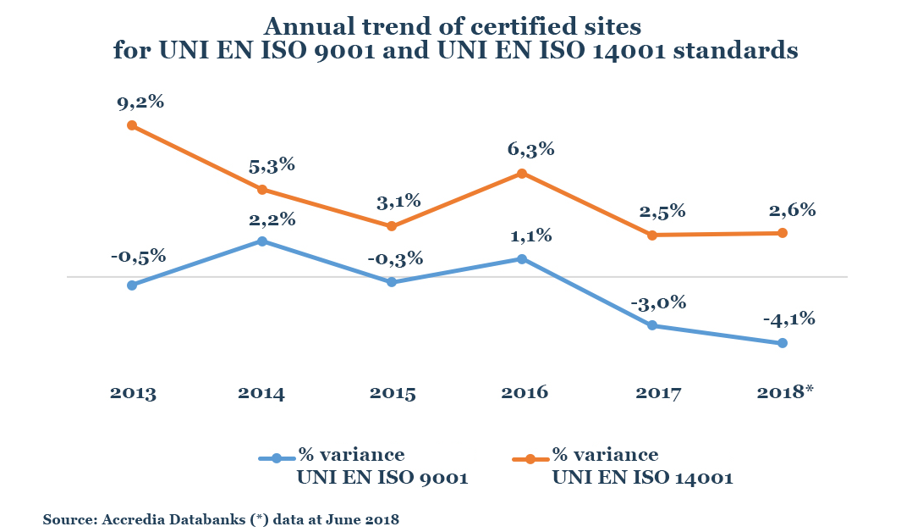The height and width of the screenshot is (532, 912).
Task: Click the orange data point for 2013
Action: [x=132, y=125]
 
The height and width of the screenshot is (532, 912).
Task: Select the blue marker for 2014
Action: [x=262, y=241]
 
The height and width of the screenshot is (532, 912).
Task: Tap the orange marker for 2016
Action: [x=522, y=174]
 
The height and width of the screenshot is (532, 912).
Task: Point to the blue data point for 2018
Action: [x=783, y=343]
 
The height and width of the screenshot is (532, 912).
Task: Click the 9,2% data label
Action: [x=140, y=103]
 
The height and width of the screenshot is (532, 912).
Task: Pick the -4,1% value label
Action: [x=788, y=319]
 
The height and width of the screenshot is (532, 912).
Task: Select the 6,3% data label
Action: [x=530, y=150]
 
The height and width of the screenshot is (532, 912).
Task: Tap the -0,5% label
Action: [x=138, y=257]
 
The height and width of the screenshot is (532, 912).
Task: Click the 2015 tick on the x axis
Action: [x=393, y=393]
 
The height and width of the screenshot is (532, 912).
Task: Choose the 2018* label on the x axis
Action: [x=783, y=393]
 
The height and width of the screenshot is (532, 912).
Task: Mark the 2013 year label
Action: [x=133, y=393]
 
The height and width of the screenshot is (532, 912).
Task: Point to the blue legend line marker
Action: [x=276, y=458]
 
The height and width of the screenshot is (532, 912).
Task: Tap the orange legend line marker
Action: [x=530, y=458]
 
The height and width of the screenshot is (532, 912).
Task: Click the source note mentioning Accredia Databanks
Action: [x=221, y=518]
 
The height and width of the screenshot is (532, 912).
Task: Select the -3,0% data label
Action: [x=657, y=302]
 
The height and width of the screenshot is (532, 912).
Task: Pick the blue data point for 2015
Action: [x=392, y=282]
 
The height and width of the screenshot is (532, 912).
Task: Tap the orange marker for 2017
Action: [x=652, y=235]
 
